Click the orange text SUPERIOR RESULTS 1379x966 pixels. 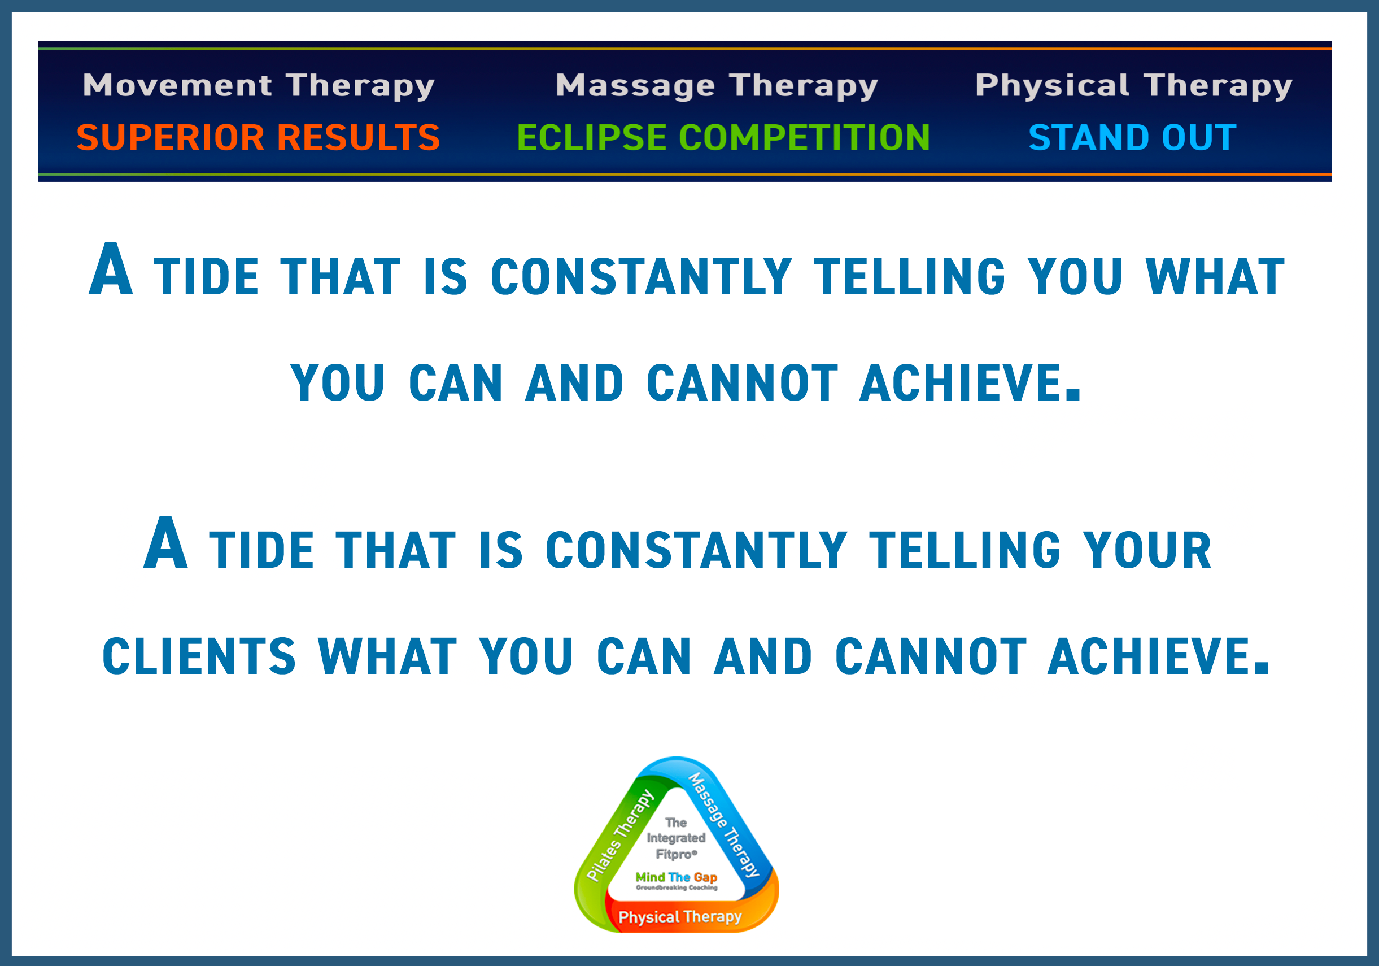pos(258,138)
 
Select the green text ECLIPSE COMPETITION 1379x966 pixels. pos(723,138)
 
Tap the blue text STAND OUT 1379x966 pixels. pos(1132,138)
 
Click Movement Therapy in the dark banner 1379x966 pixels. pos(258,86)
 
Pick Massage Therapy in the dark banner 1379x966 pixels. pos(717,86)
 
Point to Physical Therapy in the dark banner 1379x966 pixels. pos(1133,86)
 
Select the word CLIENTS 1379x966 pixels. pos(199,656)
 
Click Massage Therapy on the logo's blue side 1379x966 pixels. pos(724,824)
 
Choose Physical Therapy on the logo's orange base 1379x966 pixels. pos(680,917)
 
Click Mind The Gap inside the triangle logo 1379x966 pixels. pos(677,877)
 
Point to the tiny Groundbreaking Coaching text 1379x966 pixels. pos(677,887)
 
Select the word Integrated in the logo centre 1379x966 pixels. pos(677,838)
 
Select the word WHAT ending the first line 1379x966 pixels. pos(1215,276)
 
